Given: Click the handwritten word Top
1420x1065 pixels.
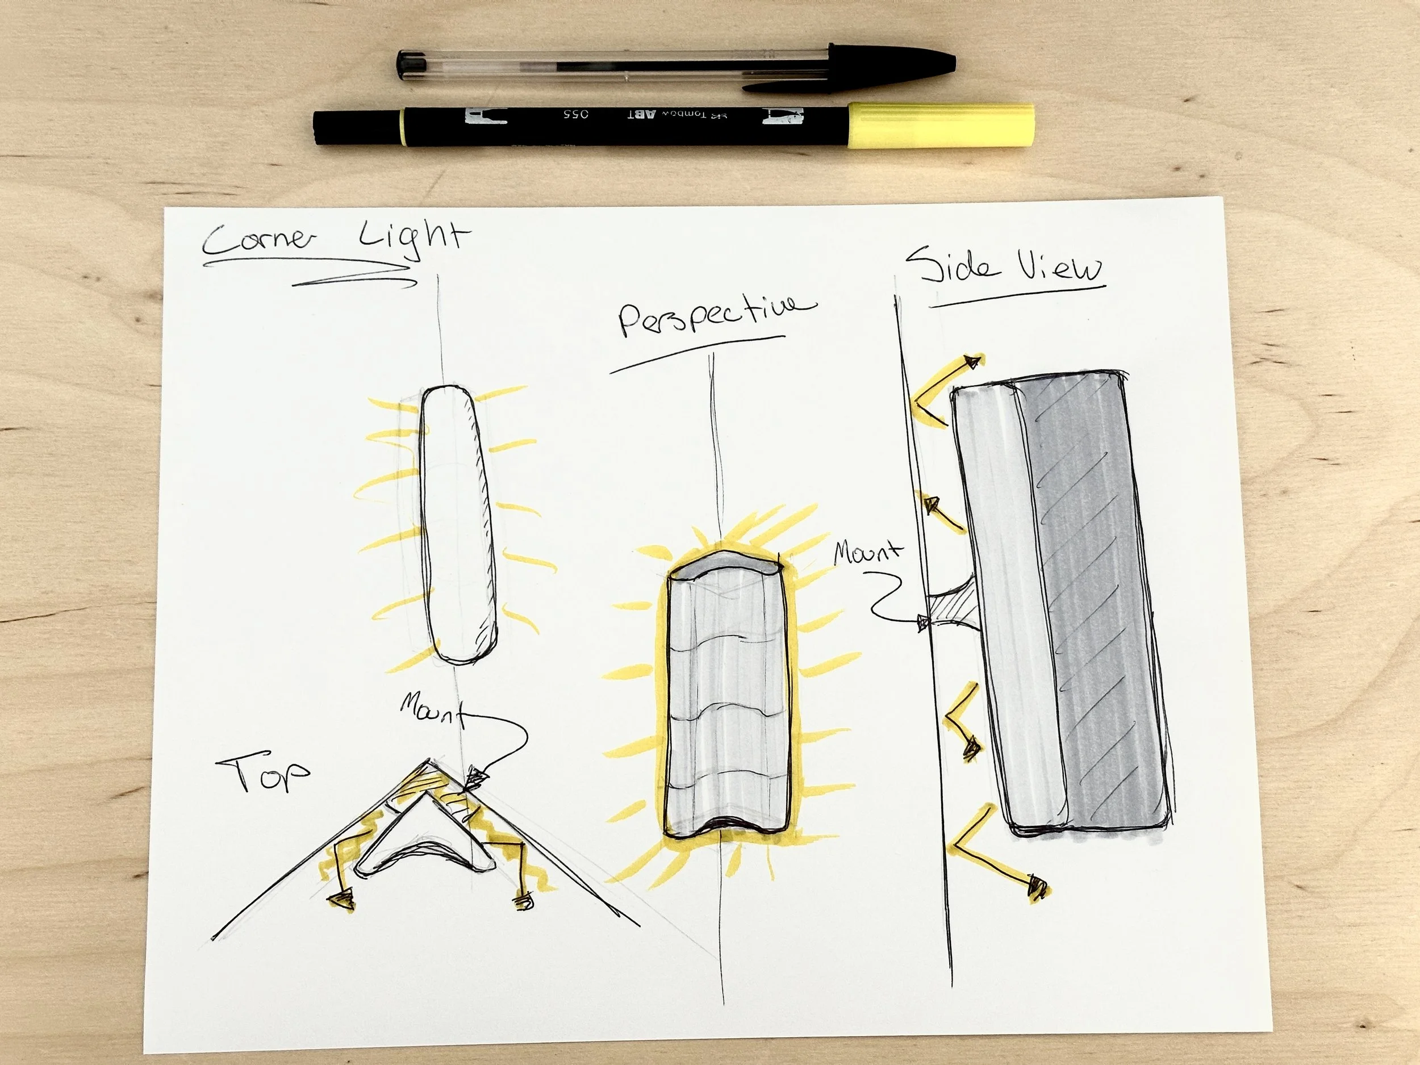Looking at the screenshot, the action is point(263,773).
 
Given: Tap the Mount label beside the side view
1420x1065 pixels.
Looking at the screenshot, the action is point(867,553).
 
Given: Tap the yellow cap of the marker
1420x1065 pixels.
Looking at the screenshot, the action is point(941,125).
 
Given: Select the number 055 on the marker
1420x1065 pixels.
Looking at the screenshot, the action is point(576,114).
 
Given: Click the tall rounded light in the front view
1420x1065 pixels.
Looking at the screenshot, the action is point(457,523).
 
